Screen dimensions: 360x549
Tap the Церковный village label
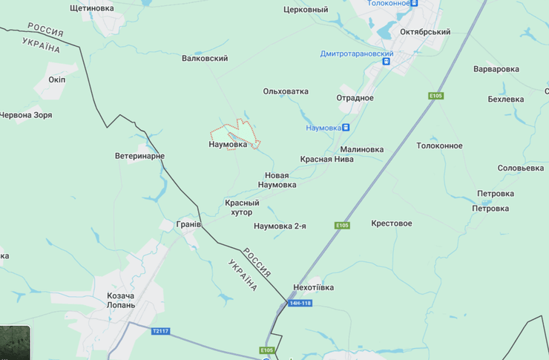[x=306, y=10]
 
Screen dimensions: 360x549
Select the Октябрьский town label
[x=425, y=32]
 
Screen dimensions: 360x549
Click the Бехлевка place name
[x=506, y=99]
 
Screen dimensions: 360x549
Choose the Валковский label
[x=205, y=58]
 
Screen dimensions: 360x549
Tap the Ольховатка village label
[x=286, y=91]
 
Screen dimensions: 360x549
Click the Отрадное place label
[x=355, y=98]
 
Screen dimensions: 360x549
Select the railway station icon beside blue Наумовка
[x=346, y=128]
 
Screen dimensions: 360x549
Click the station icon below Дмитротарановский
[x=386, y=62]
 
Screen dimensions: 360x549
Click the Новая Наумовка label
[x=276, y=180]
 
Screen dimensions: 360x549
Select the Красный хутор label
[x=243, y=207]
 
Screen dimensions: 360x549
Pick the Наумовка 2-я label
[x=280, y=226]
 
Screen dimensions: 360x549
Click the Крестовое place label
[x=391, y=223]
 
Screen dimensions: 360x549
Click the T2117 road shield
[x=160, y=331]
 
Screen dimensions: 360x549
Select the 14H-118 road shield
[x=300, y=303]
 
